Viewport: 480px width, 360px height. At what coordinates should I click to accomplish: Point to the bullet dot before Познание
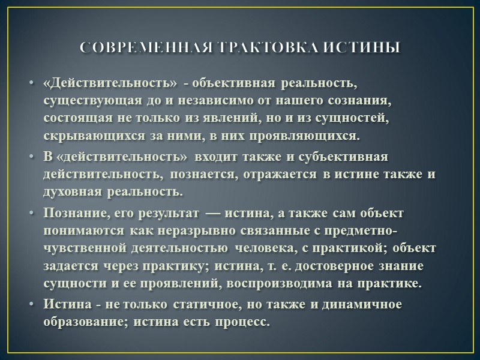point(31,214)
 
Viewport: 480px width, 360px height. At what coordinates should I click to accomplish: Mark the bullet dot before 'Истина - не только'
point(31,304)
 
